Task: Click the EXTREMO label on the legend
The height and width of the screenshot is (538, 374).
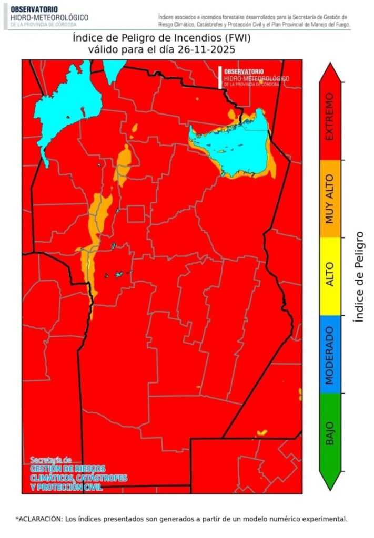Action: [330, 117]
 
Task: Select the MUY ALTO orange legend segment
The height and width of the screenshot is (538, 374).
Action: [330, 198]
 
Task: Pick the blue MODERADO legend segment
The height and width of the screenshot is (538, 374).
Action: [330, 354]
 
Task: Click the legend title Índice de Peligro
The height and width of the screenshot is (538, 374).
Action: [360, 277]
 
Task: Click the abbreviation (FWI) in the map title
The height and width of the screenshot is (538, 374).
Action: [224, 38]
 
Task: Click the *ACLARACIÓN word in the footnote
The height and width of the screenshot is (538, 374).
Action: [39, 519]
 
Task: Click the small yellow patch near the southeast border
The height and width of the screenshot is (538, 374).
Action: [261, 432]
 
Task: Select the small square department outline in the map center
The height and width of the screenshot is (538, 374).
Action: [136, 214]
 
